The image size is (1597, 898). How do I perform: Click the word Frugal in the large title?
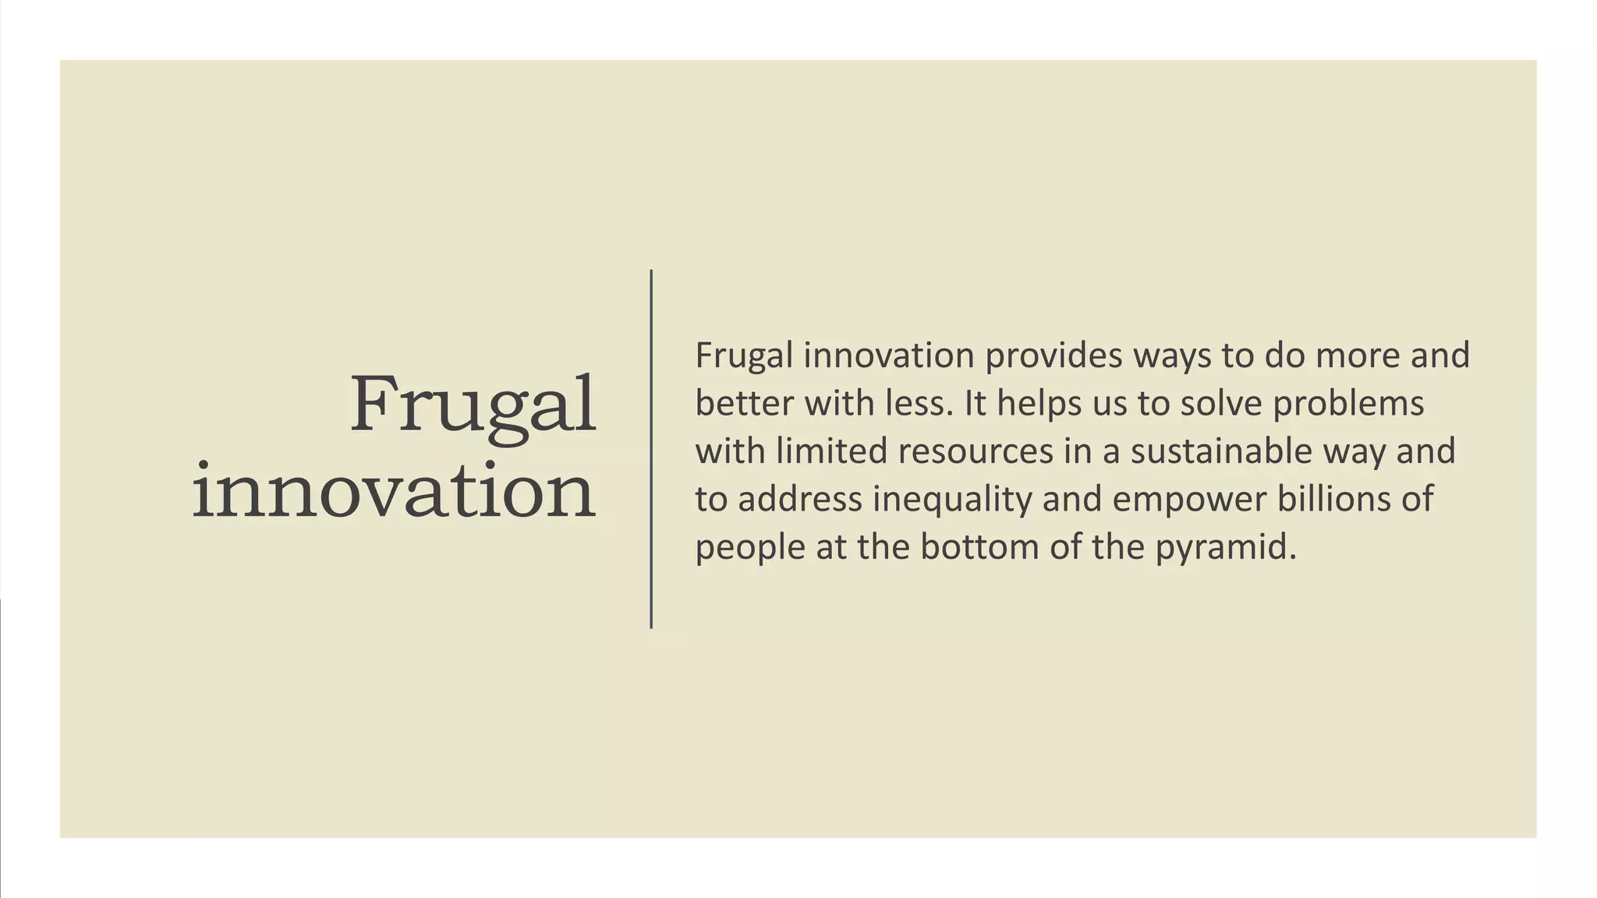473,405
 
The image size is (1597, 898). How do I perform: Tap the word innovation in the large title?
394,492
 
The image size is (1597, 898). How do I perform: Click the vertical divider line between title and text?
651,449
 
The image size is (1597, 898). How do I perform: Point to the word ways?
1172,355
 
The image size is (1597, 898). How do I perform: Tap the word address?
800,499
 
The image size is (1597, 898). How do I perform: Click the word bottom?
979,547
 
